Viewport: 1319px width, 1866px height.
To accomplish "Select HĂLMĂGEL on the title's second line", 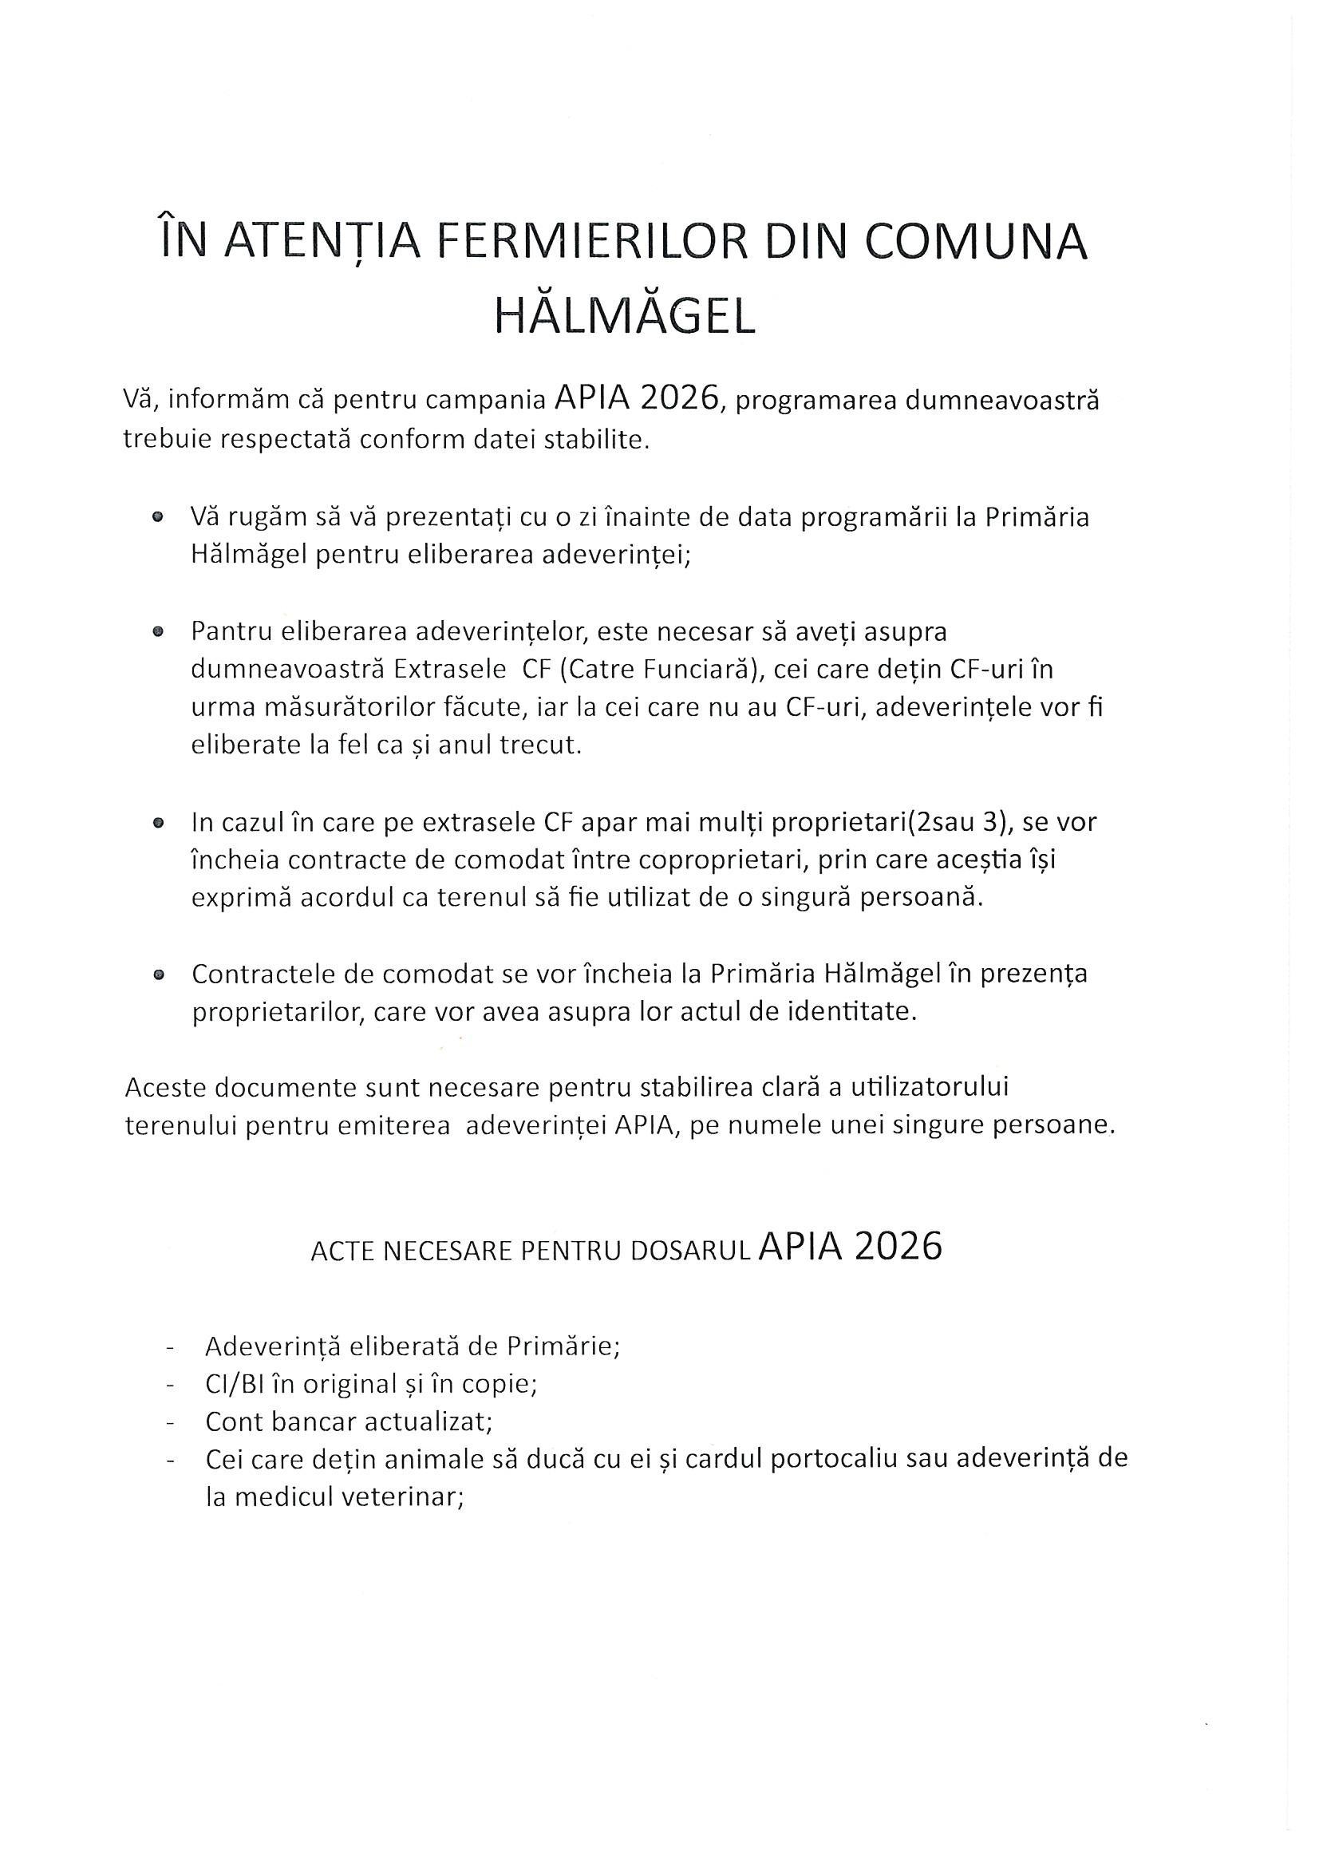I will tap(625, 317).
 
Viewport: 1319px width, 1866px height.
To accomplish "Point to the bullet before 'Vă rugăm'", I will tap(158, 517).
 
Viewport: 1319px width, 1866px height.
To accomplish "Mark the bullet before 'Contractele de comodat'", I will tap(158, 975).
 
